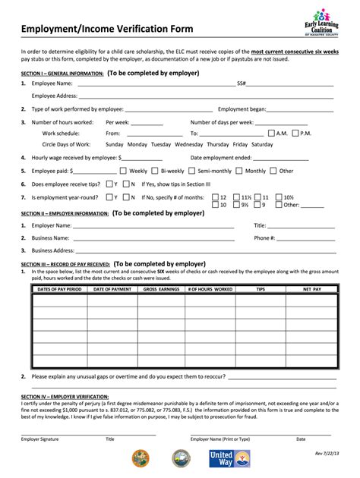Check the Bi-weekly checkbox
(x=155, y=171)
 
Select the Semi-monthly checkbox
(x=192, y=171)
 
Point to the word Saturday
(x=262, y=144)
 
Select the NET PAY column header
(x=311, y=289)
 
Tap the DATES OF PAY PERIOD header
(x=59, y=289)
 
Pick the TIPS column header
(x=261, y=289)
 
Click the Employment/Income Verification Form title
(x=107, y=30)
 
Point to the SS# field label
(x=242, y=83)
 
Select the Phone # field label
(x=264, y=237)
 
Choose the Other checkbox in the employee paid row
(x=274, y=171)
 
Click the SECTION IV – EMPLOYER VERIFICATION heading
(x=65, y=397)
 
